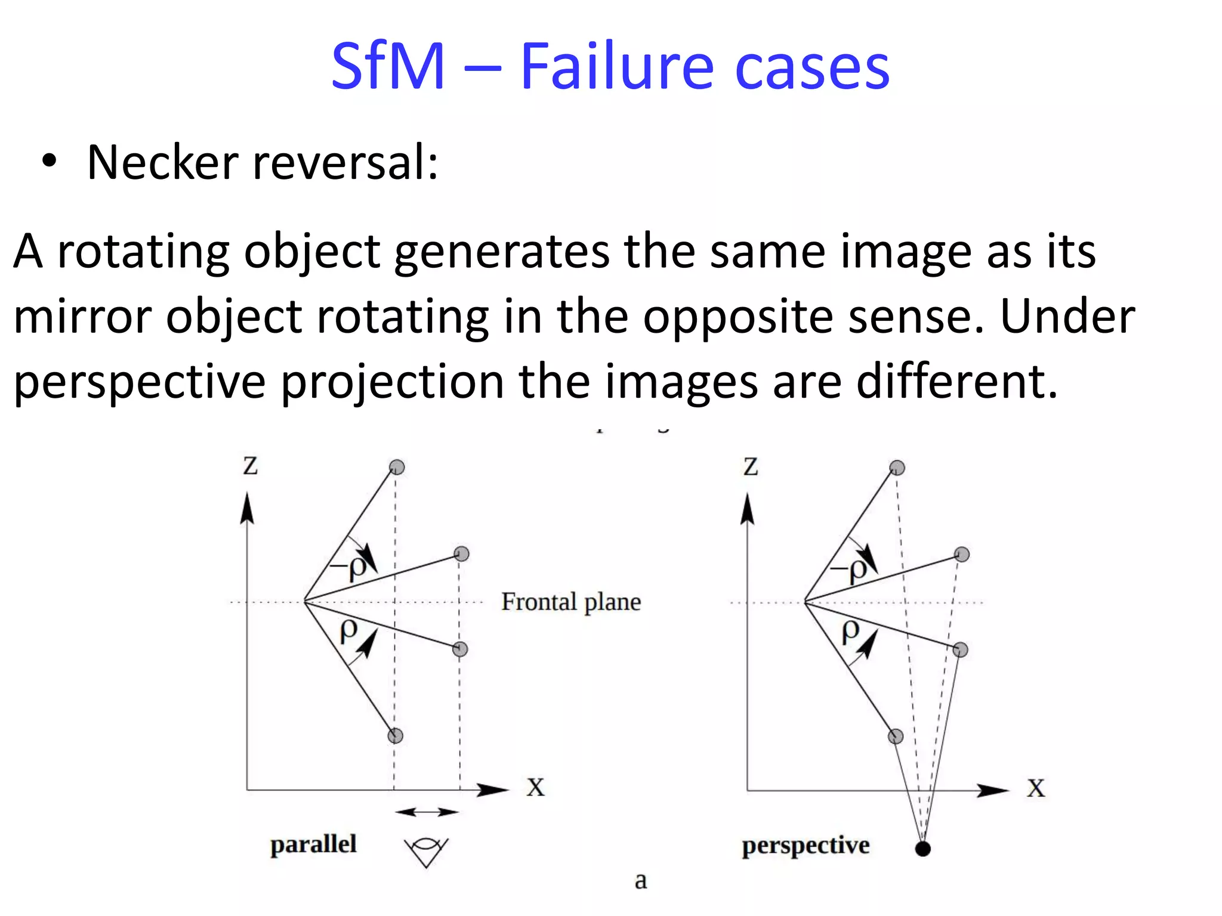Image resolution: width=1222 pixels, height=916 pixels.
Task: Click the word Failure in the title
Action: (x=617, y=67)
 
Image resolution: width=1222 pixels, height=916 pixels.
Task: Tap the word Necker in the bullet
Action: (x=163, y=162)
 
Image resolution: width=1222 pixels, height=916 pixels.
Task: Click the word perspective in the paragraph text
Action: (x=140, y=382)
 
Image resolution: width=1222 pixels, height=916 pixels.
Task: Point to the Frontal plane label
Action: (x=571, y=602)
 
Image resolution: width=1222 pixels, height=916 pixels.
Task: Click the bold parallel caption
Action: (x=313, y=844)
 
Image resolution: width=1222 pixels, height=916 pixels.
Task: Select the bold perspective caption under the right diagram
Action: (x=806, y=846)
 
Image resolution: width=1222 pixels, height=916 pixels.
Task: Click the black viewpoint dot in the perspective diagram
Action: (x=922, y=849)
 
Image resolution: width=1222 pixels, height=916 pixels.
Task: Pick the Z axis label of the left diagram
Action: (x=251, y=466)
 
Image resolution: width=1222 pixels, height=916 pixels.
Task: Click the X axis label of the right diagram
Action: (x=1036, y=788)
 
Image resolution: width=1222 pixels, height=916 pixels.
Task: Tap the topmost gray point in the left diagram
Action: (x=397, y=467)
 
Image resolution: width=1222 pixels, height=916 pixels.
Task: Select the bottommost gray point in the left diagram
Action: (x=395, y=736)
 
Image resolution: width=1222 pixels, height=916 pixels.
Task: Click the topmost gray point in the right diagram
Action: (x=897, y=468)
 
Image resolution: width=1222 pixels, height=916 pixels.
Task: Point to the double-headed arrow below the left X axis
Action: (x=427, y=812)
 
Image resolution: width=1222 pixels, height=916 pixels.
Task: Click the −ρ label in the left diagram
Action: (x=350, y=567)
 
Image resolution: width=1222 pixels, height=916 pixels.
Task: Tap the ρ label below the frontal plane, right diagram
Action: (x=851, y=631)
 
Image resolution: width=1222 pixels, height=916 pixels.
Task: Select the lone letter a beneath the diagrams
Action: (x=641, y=880)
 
